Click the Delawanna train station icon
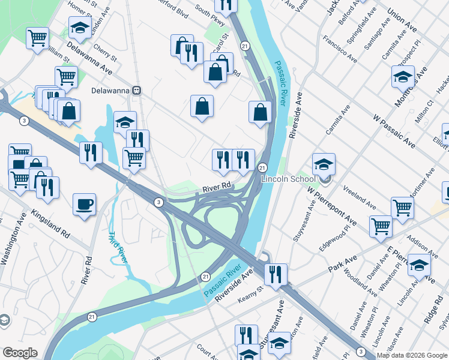137,91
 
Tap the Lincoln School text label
284,179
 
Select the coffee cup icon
84,203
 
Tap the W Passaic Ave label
394,132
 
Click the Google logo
20,353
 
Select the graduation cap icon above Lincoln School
324,163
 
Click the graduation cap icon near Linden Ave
79,26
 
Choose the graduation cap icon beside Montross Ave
403,75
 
